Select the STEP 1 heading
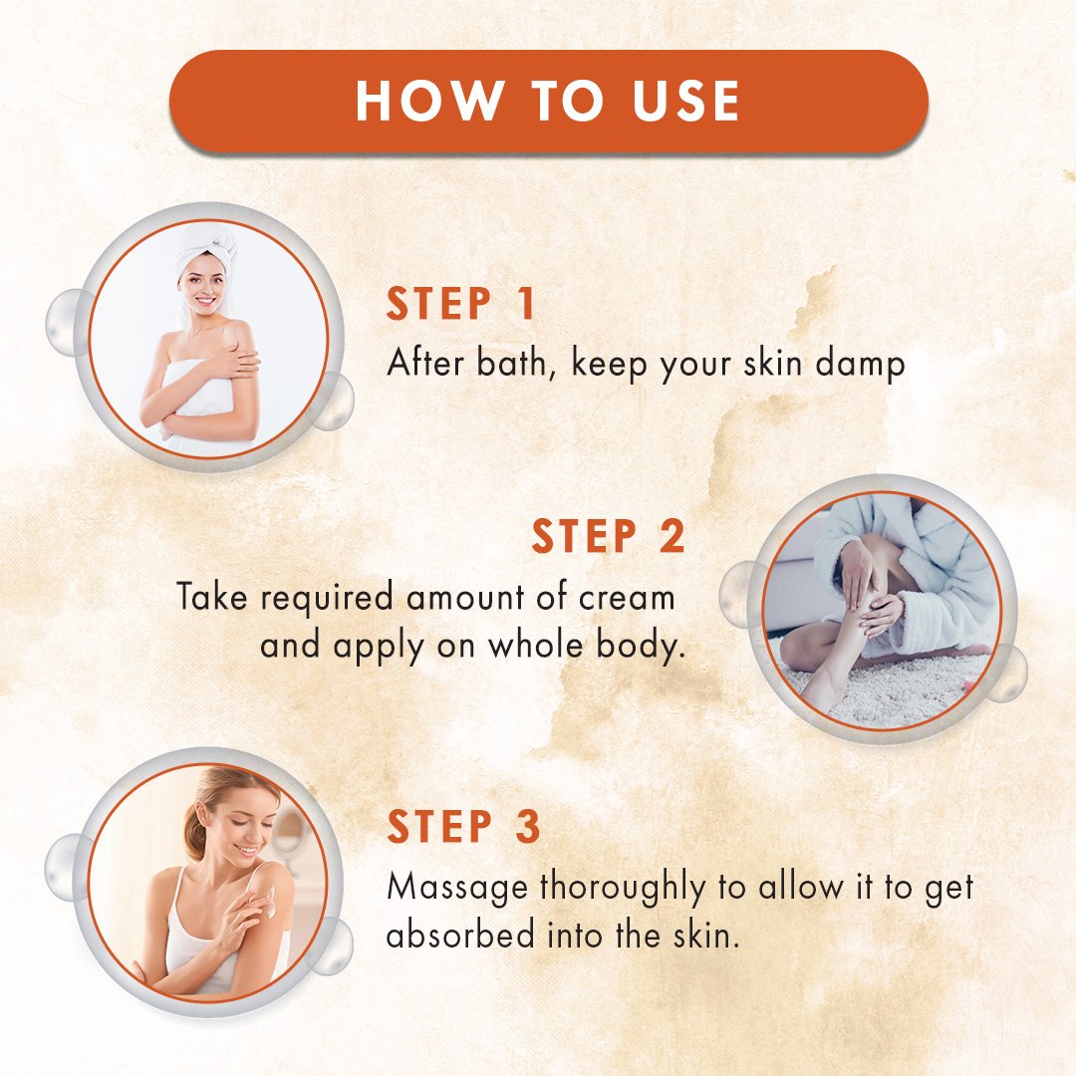click(460, 304)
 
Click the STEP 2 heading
click(608, 536)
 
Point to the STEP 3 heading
click(464, 826)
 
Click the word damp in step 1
click(861, 363)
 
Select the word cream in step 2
click(627, 598)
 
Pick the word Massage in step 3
click(457, 888)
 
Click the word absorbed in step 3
click(460, 935)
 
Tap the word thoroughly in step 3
click(623, 888)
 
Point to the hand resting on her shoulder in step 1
click(237, 359)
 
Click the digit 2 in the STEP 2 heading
click(672, 536)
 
